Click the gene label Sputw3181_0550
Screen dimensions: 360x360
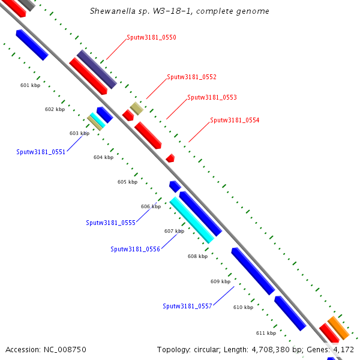click(151, 37)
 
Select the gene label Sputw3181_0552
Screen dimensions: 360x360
click(191, 77)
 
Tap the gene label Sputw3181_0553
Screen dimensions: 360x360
click(212, 97)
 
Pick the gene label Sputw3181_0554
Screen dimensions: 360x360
click(235, 120)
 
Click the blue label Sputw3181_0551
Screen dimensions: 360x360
click(41, 152)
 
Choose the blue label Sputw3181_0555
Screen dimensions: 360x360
click(110, 223)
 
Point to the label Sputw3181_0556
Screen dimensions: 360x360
click(135, 249)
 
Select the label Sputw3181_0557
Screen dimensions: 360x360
click(187, 306)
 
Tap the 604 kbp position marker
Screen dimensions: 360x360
click(103, 157)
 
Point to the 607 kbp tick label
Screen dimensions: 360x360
click(174, 231)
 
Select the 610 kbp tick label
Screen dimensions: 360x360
click(243, 307)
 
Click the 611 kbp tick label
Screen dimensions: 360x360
click(266, 333)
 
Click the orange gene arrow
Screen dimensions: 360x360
click(338, 328)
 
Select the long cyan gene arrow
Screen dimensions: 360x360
click(192, 220)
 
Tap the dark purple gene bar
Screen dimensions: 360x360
click(96, 69)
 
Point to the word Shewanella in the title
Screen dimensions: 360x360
click(110, 11)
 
